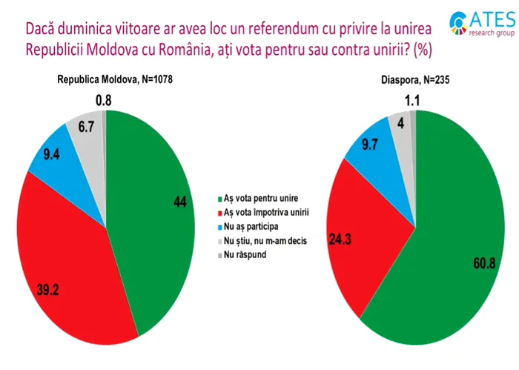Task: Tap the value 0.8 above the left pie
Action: tap(104, 100)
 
